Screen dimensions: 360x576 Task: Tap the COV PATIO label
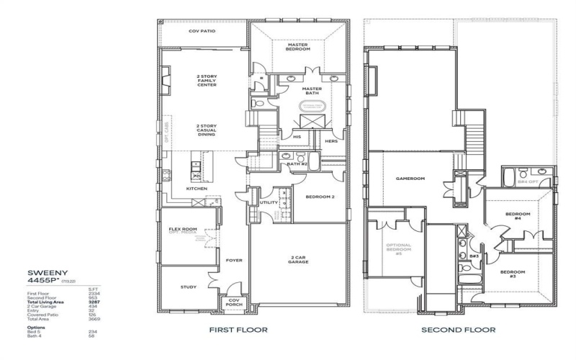point(202,32)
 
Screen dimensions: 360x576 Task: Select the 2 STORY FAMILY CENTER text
point(207,81)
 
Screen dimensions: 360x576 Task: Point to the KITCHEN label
point(197,189)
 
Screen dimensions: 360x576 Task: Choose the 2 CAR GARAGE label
point(299,260)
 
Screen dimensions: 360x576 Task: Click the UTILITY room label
point(269,203)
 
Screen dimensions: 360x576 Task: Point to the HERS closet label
point(331,141)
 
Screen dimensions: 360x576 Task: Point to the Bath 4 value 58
point(91,336)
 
